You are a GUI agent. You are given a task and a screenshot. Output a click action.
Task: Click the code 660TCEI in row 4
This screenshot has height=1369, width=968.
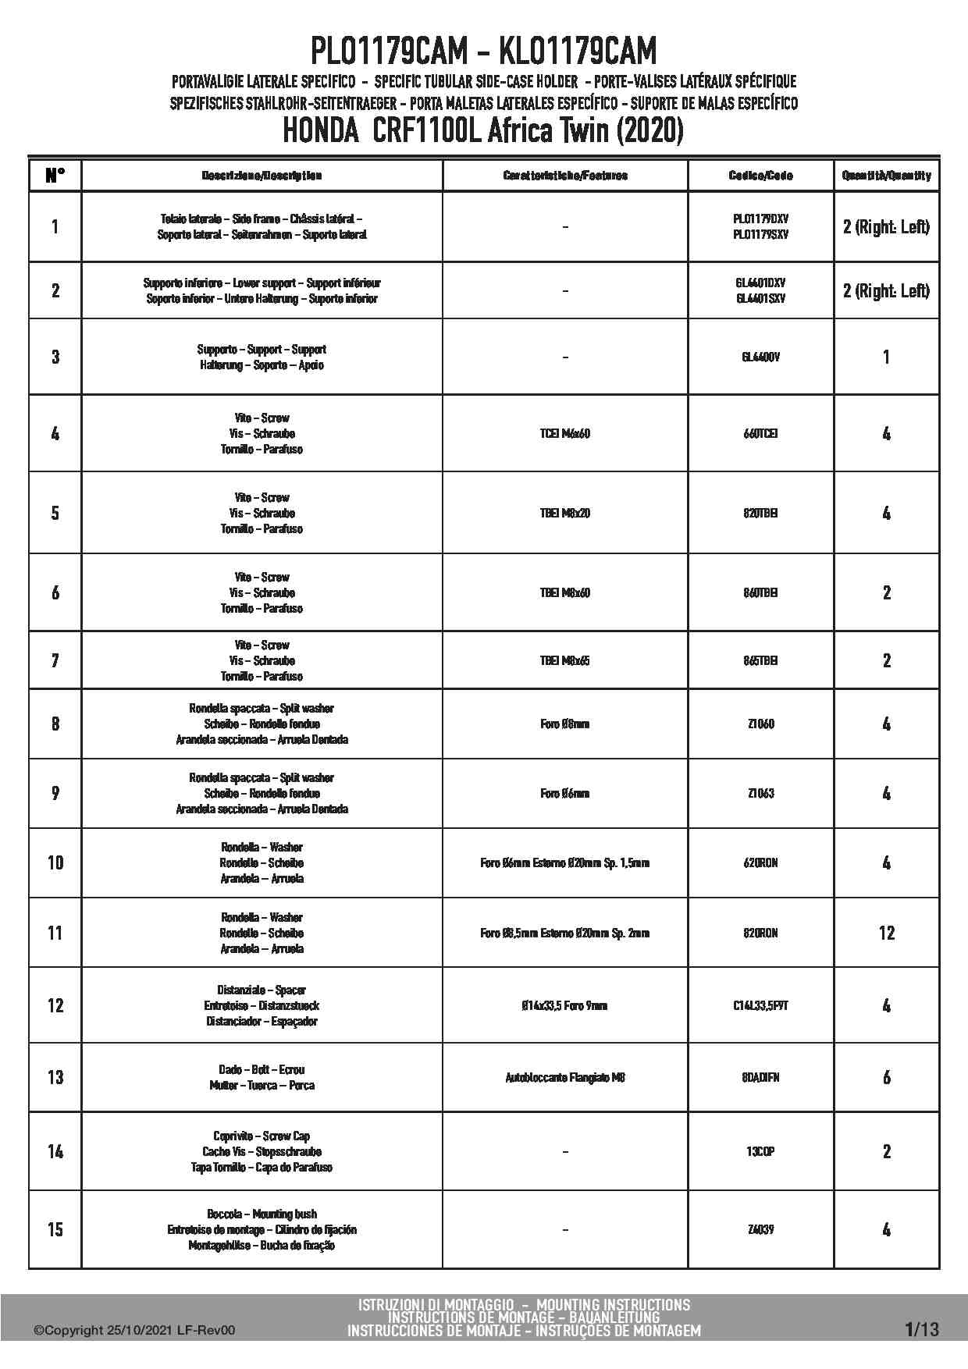(x=760, y=433)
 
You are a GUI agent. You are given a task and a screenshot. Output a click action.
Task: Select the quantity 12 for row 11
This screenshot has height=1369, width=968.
(x=886, y=933)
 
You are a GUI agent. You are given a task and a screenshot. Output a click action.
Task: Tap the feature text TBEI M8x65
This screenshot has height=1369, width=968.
(x=564, y=660)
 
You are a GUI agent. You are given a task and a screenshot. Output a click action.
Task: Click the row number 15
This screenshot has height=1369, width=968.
(x=55, y=1229)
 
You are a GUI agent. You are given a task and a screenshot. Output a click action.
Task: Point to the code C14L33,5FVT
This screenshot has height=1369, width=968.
(x=760, y=1005)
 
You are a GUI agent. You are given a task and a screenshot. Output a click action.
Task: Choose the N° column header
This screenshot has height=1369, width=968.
(x=55, y=176)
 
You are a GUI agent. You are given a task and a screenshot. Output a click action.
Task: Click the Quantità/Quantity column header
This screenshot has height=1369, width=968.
(x=886, y=176)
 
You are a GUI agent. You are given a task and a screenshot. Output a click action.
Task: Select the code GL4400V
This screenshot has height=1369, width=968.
(x=760, y=357)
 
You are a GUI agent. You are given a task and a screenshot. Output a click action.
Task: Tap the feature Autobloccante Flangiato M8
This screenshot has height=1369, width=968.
(x=564, y=1078)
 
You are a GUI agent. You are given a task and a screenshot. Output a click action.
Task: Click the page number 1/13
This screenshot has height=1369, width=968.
(x=922, y=1329)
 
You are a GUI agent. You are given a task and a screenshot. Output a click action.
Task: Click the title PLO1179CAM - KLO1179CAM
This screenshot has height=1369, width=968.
(x=483, y=52)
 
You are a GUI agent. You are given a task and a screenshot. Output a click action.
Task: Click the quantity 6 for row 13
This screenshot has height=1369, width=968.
(x=886, y=1078)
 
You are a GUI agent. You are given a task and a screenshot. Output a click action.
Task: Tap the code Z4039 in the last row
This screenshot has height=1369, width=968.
(x=760, y=1229)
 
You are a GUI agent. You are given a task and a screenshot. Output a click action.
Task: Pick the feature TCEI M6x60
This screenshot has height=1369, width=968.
(x=564, y=433)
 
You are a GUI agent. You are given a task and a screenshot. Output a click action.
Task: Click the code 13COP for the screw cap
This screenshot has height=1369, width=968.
(x=760, y=1151)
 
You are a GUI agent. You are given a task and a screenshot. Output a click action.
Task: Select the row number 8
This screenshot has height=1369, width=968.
(x=55, y=724)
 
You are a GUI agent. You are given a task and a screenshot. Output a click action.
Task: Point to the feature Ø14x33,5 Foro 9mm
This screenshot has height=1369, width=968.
(x=564, y=1005)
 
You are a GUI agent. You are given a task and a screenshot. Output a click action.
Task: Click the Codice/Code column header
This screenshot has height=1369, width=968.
(x=760, y=176)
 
